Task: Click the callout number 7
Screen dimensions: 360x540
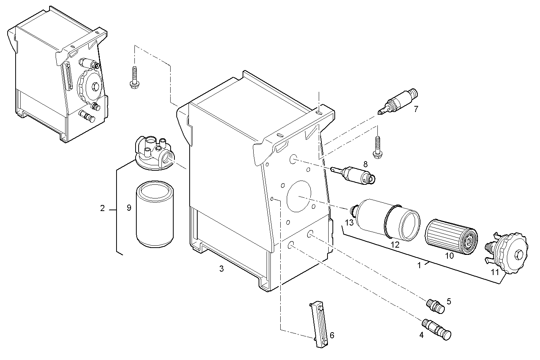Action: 416,109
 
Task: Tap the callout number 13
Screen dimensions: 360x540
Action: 349,222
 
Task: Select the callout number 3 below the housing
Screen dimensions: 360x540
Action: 221,269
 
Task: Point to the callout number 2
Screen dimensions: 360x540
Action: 102,208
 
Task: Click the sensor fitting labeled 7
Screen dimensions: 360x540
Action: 398,102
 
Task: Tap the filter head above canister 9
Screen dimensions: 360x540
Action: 153,154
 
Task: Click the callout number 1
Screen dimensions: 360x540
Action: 419,266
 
